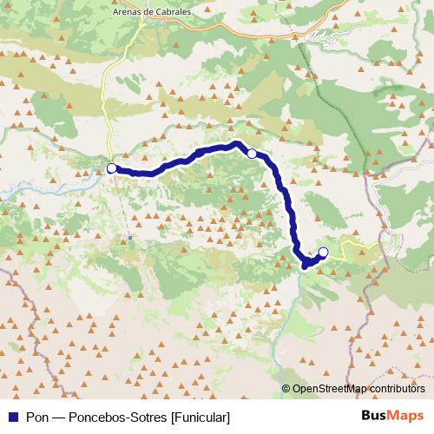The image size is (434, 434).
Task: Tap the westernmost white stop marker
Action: pyautogui.click(x=111, y=168)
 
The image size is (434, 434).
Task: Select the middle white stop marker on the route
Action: pyautogui.click(x=252, y=154)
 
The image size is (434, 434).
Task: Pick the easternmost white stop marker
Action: pyautogui.click(x=324, y=253)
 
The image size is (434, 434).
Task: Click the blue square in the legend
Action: pyautogui.click(x=10, y=418)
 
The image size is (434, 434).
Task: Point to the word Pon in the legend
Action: pyautogui.click(x=37, y=418)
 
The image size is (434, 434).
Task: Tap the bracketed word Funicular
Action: pyautogui.click(x=201, y=418)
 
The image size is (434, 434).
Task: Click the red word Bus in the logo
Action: pyautogui.click(x=375, y=417)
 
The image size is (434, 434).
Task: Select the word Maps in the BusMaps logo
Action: pyautogui.click(x=408, y=417)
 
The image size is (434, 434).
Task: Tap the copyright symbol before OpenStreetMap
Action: pyautogui.click(x=286, y=389)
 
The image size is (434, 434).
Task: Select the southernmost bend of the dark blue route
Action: pyautogui.click(x=304, y=266)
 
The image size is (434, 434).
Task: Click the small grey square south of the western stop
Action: pyautogui.click(x=129, y=236)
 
